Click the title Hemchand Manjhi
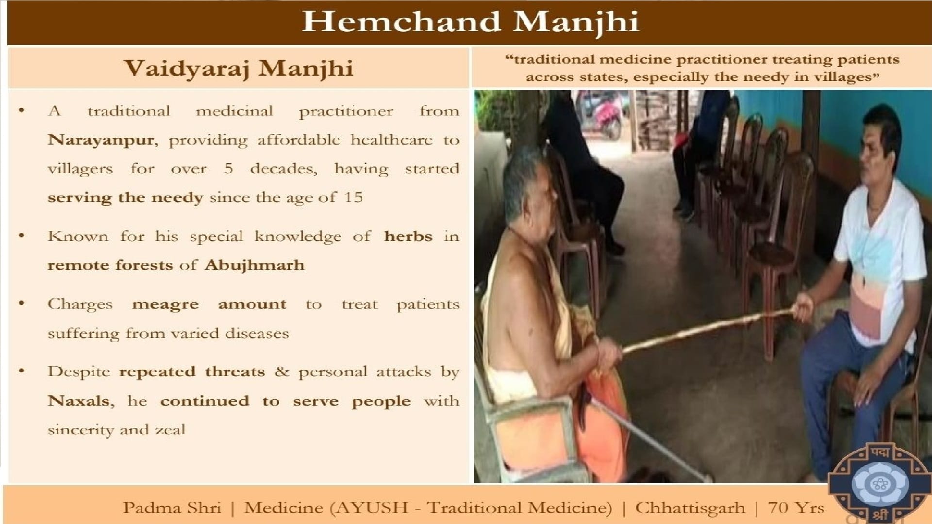coord(470,22)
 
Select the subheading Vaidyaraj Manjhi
coord(239,68)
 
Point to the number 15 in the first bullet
coord(353,197)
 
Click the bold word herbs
coord(408,236)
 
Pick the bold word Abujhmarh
coord(255,265)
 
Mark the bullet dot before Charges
coord(21,304)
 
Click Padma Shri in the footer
coord(172,508)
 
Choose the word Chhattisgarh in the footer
coord(690,508)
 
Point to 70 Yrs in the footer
coord(796,508)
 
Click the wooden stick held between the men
coord(708,330)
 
